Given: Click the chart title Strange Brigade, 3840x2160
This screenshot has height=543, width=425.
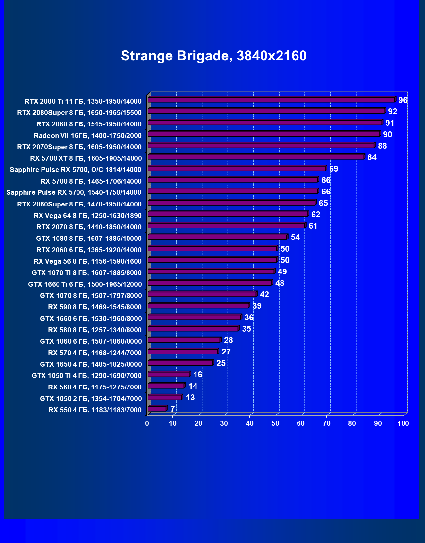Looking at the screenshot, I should pos(213,56).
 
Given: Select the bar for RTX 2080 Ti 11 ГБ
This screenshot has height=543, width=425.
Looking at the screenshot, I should pos(271,100).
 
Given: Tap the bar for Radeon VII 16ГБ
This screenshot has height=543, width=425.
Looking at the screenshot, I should pos(263,134).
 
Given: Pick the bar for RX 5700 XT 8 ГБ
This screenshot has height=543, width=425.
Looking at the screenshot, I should pos(256,157).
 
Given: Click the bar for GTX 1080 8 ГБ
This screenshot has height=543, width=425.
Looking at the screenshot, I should pos(217,237).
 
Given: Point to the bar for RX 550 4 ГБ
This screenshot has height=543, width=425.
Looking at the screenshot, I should pos(157,408).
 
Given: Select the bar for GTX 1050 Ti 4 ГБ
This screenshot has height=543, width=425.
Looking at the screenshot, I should pos(169,374).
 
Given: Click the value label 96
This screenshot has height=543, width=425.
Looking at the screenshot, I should pos(403,100).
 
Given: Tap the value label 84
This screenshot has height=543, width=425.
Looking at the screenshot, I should pos(372,157).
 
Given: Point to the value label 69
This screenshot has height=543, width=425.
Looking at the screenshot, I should pos(333,169).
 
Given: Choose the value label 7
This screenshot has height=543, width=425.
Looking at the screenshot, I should pos(172,409).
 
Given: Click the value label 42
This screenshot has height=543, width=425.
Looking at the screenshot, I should pos(264,295).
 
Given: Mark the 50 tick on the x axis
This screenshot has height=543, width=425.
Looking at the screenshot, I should pos(275,423).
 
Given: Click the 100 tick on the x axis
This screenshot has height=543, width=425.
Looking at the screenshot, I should pos(403,423).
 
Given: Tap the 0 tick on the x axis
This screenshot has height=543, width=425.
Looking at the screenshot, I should pos(147,423).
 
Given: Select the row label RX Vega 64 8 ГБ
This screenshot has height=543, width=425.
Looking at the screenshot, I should pos(88,216).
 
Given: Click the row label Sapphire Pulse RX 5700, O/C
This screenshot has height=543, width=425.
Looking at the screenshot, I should pos(76,170).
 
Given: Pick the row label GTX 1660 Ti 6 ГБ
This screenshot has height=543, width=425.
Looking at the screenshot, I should pos(85,284).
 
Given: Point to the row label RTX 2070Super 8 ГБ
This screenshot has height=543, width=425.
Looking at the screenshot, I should pos(79,147).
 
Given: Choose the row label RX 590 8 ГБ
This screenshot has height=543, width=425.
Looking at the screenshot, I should pos(95,307).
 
